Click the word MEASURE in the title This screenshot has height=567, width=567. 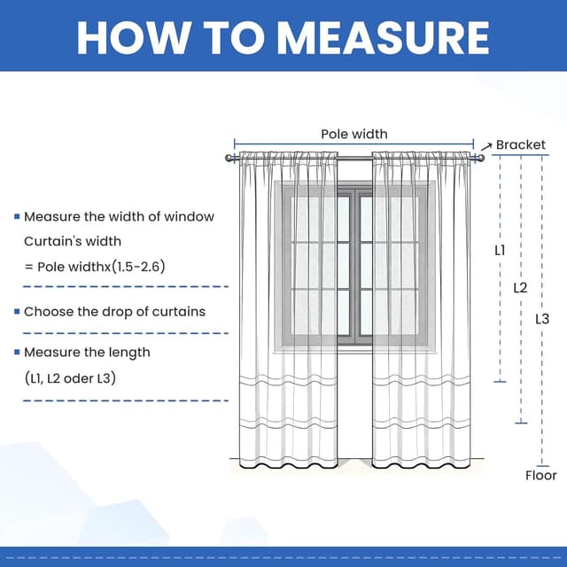[x=383, y=36]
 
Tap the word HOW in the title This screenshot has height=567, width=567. [x=127, y=36]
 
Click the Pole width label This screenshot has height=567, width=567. [x=353, y=135]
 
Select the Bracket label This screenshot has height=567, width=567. [x=521, y=144]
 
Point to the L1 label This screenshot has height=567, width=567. [x=500, y=251]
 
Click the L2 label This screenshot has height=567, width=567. [x=520, y=288]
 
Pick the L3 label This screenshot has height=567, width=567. [x=542, y=319]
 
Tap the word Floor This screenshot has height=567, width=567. [x=540, y=476]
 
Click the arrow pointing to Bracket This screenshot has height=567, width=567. [x=485, y=145]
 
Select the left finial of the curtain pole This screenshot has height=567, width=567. [x=229, y=158]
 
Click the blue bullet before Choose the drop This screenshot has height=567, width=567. [x=17, y=312]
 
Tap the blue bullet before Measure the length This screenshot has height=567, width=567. [x=17, y=353]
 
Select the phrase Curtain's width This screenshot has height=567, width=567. [x=73, y=241]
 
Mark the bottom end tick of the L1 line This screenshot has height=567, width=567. [x=500, y=382]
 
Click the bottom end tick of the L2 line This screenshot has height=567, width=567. [x=521, y=423]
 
